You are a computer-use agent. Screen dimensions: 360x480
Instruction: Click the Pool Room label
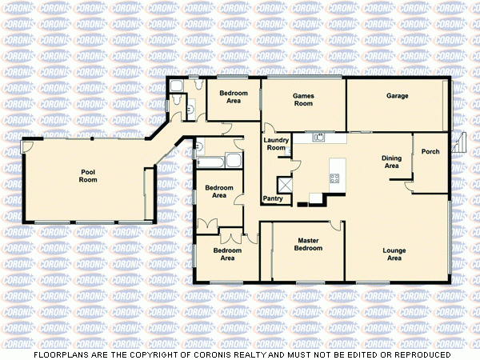pos(88,176)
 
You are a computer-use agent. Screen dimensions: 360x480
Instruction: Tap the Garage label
pos(398,96)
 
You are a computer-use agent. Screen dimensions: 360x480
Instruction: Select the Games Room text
pos(302,100)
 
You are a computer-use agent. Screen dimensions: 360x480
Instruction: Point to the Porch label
pos(430,151)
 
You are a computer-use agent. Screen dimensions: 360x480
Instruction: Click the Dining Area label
pos(391,162)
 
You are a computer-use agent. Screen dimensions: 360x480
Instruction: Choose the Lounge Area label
pos(394,254)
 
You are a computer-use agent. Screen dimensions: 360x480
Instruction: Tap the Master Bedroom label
pos(310,244)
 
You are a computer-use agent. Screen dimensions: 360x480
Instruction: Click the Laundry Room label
pos(276,144)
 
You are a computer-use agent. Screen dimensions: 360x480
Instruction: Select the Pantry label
pos(273,198)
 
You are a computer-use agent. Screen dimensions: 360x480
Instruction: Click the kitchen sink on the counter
pos(318,137)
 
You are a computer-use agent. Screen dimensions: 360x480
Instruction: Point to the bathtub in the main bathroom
pos(210,161)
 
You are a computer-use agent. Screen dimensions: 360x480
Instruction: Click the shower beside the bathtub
pos(234,161)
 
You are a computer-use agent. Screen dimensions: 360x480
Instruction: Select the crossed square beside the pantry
pos(282,182)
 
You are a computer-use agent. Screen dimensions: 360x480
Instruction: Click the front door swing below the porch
pos(410,187)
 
